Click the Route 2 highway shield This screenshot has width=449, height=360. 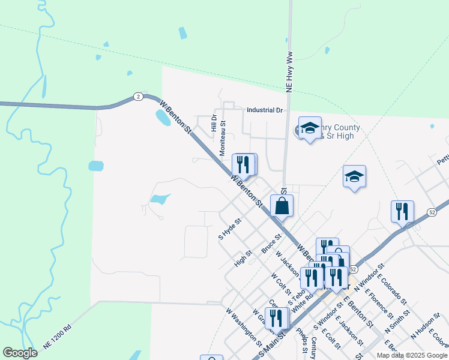[138, 97]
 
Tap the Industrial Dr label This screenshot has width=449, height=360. [264, 110]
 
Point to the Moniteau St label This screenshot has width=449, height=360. [223, 139]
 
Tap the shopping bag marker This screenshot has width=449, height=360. [282, 206]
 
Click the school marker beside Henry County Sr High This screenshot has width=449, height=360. [310, 128]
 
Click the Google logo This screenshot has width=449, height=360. [20, 353]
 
